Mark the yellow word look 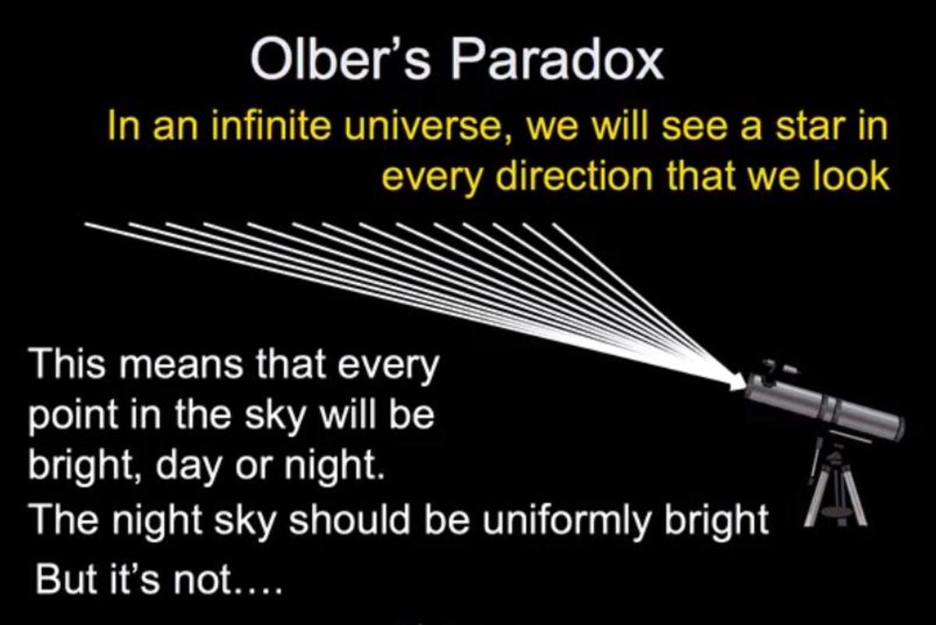[x=850, y=177]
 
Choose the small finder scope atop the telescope [x=776, y=366]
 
